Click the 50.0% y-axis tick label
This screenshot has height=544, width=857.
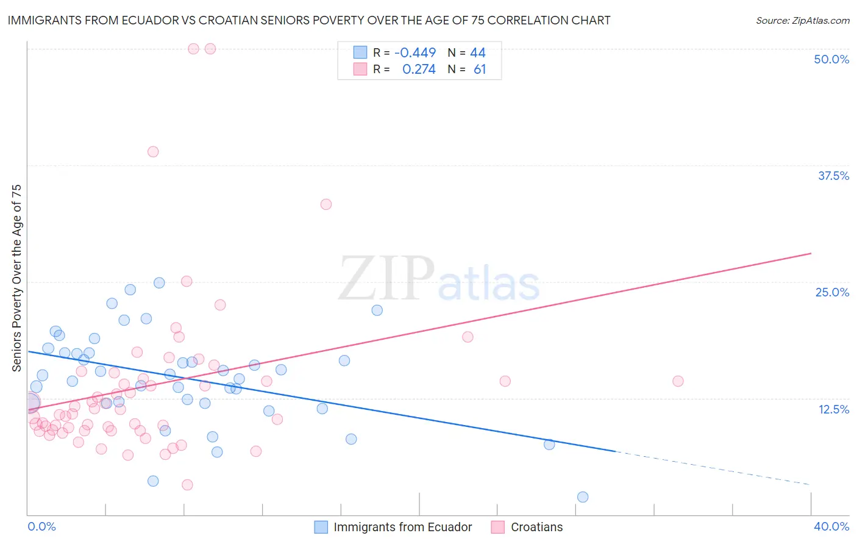831,59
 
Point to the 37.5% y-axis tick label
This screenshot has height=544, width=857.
833,176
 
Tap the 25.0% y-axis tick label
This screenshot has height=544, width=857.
832,292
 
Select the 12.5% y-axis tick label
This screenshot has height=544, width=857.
833,409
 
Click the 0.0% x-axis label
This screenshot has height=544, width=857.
41,526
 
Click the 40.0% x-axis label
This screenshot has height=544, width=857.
831,526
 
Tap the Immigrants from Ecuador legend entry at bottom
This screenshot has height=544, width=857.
402,527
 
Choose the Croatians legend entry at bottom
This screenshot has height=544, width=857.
536,527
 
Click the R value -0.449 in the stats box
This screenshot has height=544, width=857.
415,53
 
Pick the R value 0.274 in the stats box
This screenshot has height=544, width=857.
419,70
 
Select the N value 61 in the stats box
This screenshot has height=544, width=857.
480,70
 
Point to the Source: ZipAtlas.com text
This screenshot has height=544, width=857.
802,20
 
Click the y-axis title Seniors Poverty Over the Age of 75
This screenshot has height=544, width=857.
16,277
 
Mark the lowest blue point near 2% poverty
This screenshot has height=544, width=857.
583,497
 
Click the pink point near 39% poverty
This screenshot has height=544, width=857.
153,152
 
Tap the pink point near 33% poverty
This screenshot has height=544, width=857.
326,204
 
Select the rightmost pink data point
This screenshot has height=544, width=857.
678,381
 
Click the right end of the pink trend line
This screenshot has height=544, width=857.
811,253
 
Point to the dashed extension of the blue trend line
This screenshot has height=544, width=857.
713,468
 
